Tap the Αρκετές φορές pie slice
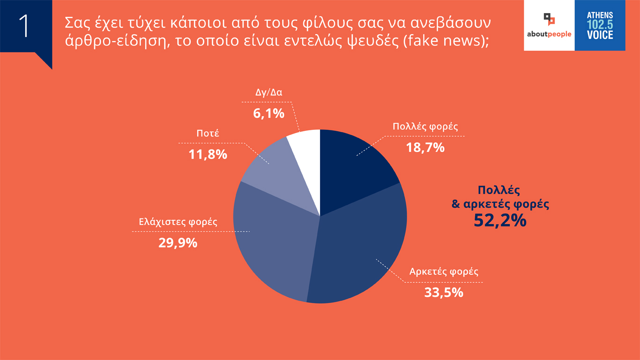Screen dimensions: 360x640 pos(361,248)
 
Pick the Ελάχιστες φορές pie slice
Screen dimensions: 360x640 pos(272,244)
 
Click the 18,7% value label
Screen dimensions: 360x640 pos(424,147)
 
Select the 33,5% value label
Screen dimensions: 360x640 pos(443,292)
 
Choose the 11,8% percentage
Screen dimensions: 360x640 pos(208,154)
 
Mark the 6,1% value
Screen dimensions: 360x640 pos(269,113)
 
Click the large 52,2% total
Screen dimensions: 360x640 pos(500,220)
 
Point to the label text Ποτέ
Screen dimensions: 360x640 pos(208,134)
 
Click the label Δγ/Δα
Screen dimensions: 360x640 pos(268,92)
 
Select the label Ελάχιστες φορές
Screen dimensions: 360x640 pos(178,221)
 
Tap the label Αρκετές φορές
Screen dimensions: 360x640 pos(444,271)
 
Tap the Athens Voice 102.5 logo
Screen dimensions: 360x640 pos(600,25)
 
